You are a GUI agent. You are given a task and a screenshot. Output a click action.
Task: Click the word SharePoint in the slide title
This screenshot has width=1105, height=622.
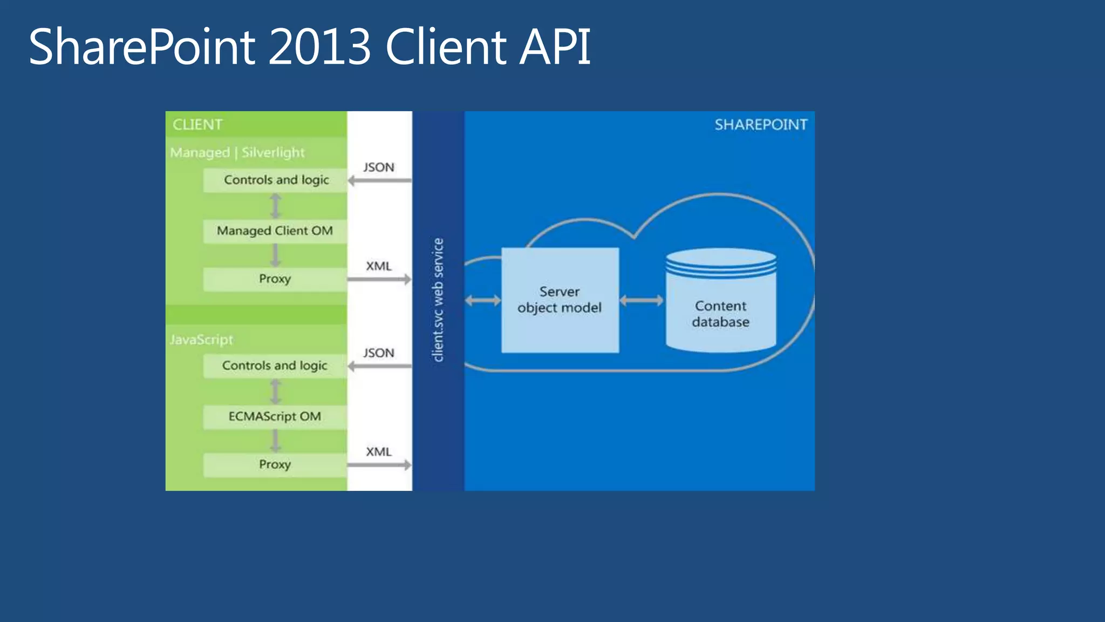(142, 48)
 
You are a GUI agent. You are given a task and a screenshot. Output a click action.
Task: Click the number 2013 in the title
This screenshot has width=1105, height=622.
(319, 48)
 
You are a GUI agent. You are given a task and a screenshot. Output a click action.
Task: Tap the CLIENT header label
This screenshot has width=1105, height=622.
(197, 125)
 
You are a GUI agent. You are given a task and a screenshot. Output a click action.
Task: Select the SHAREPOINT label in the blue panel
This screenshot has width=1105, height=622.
(761, 125)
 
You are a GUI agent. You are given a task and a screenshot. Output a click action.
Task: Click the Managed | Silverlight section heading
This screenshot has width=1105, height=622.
(237, 153)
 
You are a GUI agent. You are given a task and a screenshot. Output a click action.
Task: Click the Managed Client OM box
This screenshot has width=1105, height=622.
(275, 231)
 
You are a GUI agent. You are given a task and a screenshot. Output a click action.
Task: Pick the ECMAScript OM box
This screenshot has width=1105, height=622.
(275, 417)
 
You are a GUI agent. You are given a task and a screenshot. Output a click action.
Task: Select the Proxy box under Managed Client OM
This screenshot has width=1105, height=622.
(275, 279)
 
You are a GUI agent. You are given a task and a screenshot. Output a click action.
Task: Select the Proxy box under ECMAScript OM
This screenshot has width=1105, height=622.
(275, 465)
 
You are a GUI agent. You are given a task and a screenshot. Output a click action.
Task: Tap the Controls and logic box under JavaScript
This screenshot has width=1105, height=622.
(275, 366)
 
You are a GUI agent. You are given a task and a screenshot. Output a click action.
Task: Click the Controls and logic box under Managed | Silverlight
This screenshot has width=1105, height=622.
(276, 180)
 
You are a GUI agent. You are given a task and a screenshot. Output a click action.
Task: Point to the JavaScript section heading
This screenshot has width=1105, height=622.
(201, 340)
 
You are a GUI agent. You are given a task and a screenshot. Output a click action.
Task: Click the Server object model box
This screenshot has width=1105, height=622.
(560, 300)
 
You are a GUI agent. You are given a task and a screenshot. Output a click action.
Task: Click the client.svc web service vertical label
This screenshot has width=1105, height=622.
(438, 300)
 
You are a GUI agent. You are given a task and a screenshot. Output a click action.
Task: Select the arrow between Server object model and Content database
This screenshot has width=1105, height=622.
(642, 301)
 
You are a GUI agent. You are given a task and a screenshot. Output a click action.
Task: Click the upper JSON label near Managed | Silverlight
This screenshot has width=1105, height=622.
(379, 167)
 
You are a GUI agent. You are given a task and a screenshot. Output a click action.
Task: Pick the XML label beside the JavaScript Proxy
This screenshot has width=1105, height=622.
(379, 452)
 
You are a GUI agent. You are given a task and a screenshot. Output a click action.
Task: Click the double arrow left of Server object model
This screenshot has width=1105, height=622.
(483, 301)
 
